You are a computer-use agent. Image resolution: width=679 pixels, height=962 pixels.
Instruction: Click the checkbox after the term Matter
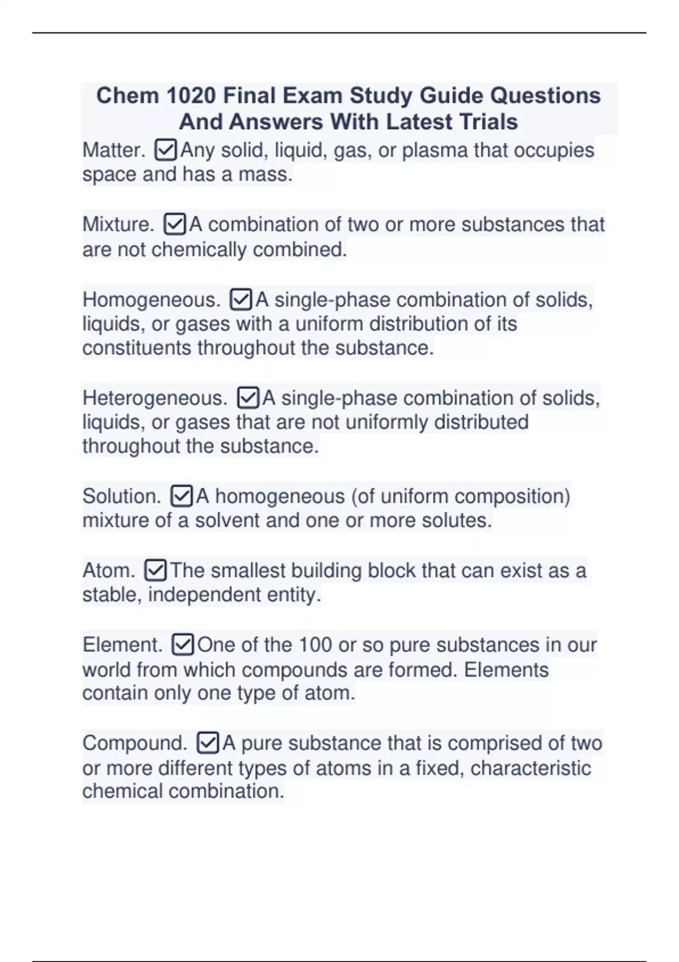[165, 151]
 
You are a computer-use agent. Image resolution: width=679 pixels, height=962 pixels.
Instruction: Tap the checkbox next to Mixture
[174, 225]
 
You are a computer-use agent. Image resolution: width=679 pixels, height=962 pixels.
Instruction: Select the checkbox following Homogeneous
[240, 299]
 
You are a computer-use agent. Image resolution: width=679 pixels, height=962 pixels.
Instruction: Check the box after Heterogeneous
[248, 398]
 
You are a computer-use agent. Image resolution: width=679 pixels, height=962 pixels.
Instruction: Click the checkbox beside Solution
[181, 496]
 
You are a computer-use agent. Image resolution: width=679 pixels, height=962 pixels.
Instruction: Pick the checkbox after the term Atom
[156, 570]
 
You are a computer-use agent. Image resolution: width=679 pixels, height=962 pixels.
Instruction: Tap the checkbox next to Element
[182, 645]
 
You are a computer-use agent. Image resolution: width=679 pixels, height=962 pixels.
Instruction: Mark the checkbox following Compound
[208, 743]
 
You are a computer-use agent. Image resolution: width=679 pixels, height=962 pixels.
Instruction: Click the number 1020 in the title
[191, 96]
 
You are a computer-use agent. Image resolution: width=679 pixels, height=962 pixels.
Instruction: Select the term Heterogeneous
[154, 398]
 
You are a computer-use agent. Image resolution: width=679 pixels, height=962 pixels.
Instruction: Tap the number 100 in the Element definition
[315, 645]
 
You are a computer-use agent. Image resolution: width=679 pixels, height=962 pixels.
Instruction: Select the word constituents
[137, 347]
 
